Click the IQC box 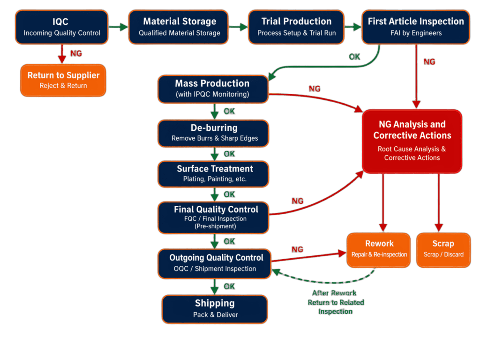point(62,27)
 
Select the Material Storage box point(179,27)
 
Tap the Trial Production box point(296,27)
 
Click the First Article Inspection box point(415,27)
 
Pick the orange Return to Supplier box point(63,80)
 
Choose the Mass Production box point(212,89)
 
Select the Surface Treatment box point(214,173)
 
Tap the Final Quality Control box point(214,217)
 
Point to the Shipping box point(215,308)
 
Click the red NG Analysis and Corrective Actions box point(412,141)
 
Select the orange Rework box point(379,249)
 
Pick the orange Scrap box point(443,249)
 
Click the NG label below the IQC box point(75,53)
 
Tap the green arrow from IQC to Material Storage point(118,27)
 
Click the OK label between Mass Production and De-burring point(229,112)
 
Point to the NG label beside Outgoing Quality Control point(297,249)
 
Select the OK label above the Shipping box point(229,286)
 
